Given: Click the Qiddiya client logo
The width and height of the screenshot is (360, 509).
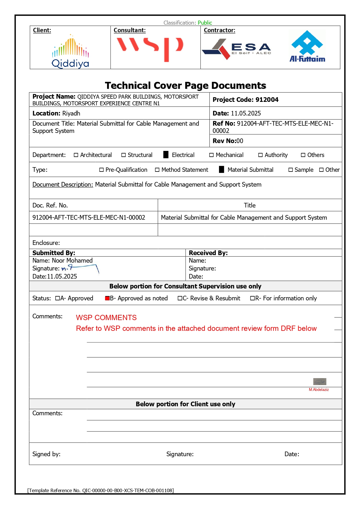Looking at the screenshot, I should click(70, 51).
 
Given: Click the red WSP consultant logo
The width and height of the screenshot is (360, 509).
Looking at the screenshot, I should click(150, 48).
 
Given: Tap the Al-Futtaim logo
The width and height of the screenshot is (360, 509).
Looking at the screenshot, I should click(307, 47).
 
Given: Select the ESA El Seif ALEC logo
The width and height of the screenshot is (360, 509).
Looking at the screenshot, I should click(236, 49).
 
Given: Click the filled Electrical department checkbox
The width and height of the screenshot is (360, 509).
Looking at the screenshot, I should click(166, 155).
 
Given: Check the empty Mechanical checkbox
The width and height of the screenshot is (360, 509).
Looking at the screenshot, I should click(211, 155).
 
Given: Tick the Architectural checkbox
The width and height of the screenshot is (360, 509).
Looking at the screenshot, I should click(76, 155).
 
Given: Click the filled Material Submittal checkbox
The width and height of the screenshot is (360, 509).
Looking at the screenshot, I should click(221, 169).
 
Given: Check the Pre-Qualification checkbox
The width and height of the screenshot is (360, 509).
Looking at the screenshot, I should click(102, 170).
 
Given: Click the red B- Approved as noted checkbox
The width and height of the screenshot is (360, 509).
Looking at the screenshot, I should click(107, 298).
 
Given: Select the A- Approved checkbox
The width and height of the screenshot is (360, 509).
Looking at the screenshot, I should click(57, 298).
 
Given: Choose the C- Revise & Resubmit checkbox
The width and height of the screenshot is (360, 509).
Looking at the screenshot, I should click(180, 298).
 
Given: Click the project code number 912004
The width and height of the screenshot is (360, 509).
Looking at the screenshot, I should click(267, 100).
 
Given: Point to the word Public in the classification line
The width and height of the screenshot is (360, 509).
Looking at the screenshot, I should click(205, 23).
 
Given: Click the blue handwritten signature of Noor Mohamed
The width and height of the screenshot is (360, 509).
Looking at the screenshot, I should click(80, 268).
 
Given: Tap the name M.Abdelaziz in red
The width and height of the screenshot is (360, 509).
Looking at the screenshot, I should click(319, 389).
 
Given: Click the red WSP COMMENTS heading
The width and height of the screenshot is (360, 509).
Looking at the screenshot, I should click(106, 317).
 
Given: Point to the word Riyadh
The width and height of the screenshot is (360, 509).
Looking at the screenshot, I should click(71, 113).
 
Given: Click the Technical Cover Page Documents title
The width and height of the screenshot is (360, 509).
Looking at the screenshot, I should click(185, 85).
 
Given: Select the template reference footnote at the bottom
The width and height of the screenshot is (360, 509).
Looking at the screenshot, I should click(100, 490).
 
